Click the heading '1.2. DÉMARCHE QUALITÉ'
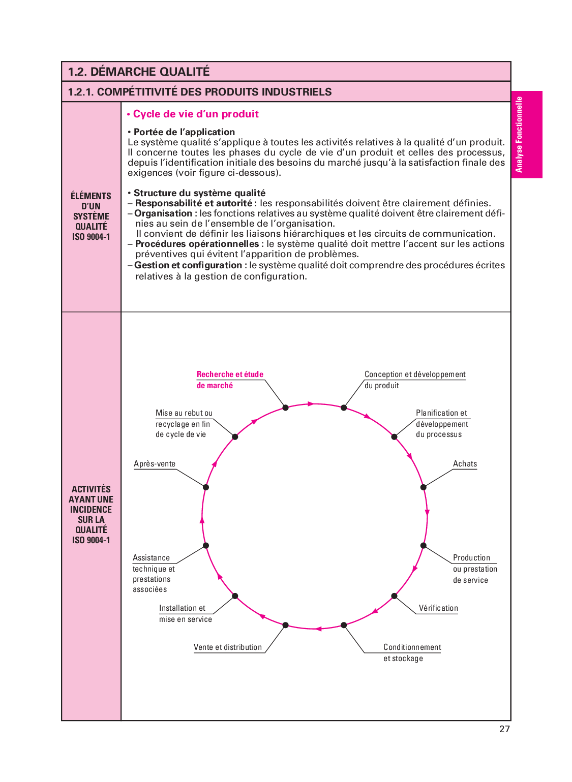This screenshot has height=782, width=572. pyautogui.click(x=139, y=72)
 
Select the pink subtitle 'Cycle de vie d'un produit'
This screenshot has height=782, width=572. pyautogui.click(x=195, y=114)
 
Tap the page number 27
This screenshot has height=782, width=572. pyautogui.click(x=504, y=729)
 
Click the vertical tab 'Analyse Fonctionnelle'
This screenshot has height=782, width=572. pyautogui.click(x=519, y=135)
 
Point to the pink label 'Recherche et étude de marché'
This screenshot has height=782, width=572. pyautogui.click(x=230, y=380)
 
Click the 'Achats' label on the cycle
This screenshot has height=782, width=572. pyautogui.click(x=465, y=464)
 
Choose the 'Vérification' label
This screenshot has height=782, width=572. pyautogui.click(x=438, y=608)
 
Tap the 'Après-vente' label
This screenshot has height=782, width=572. pyautogui.click(x=155, y=464)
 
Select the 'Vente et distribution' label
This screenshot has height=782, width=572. pyautogui.click(x=228, y=647)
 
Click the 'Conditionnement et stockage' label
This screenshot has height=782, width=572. pyautogui.click(x=412, y=652)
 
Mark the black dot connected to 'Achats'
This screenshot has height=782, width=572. pyautogui.click(x=423, y=487)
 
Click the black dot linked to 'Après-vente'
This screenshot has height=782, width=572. pyautogui.click(x=206, y=487)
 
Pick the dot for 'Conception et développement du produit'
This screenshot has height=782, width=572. pyautogui.click(x=344, y=408)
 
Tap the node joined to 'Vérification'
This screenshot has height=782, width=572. pyautogui.click(x=394, y=596)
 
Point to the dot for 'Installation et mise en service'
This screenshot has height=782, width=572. pyautogui.click(x=235, y=596)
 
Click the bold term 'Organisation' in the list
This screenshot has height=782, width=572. pyautogui.click(x=163, y=213)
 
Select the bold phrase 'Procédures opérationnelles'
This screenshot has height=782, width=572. pyautogui.click(x=197, y=244)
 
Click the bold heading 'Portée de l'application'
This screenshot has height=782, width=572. pyautogui.click(x=184, y=132)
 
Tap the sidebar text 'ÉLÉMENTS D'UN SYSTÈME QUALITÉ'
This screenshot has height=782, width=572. pyautogui.click(x=91, y=216)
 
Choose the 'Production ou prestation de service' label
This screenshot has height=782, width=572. pyautogui.click(x=474, y=569)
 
